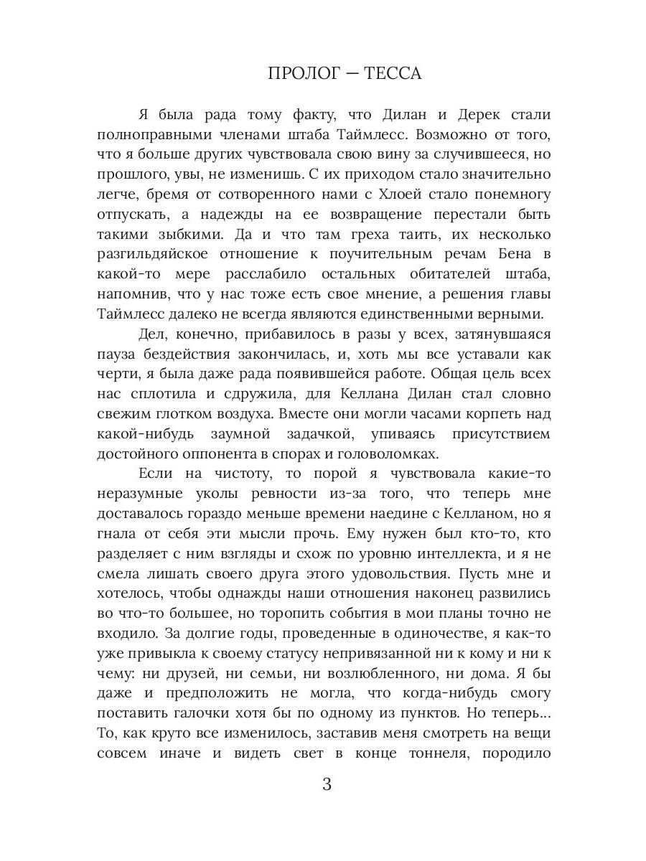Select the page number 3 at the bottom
(x=327, y=784)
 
